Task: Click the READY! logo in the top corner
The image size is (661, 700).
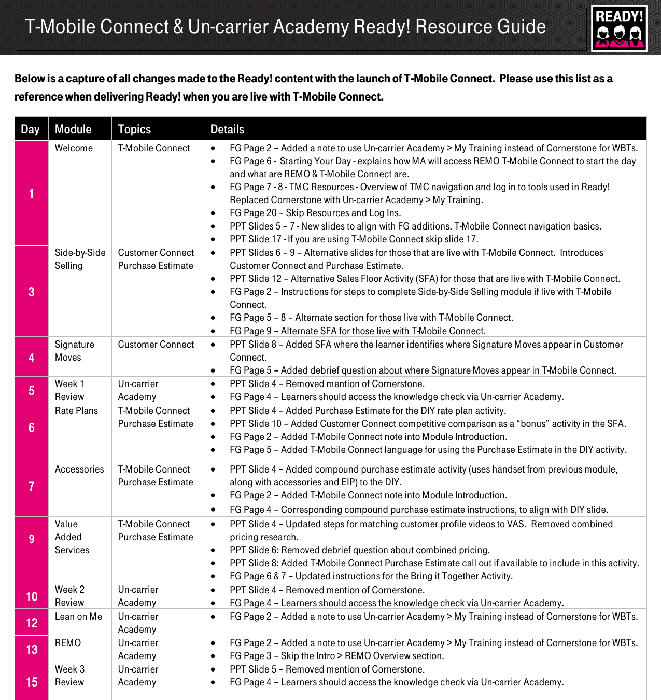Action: coord(619,28)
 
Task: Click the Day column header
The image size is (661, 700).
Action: coord(31,129)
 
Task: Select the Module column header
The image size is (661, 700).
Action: coord(73,129)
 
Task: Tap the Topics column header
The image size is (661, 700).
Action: coord(134,129)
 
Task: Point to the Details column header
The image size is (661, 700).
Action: coord(227,129)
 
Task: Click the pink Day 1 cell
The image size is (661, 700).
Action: coord(31,193)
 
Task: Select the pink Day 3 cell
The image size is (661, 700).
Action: coord(31,291)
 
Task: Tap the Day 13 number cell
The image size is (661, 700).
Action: coord(32,649)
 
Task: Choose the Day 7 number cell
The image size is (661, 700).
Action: coord(31,486)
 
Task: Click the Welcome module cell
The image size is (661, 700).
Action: coord(74,148)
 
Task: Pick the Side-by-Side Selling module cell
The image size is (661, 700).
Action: coord(80,259)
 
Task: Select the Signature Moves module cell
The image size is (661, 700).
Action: coord(74,351)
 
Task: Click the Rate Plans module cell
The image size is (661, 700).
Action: coord(76,411)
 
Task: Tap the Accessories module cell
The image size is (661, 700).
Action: coord(79,469)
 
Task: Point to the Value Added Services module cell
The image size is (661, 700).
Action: coord(72,537)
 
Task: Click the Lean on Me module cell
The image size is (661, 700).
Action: coord(78,617)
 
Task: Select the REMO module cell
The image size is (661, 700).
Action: coord(68,643)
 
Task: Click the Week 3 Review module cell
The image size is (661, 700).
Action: coord(69,676)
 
